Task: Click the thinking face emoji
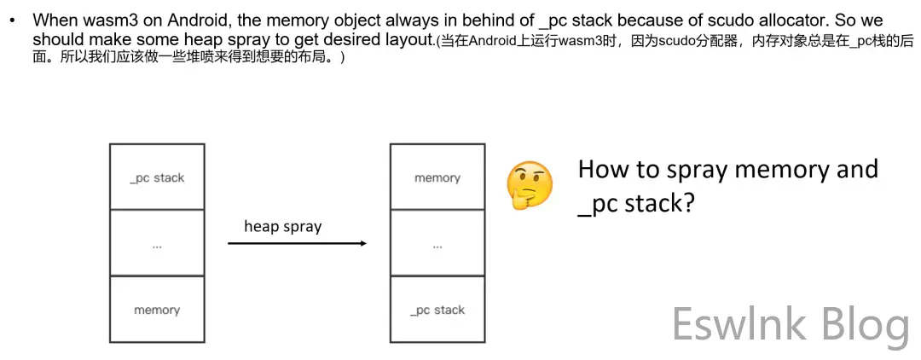pos(529,184)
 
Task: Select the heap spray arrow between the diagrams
pos(297,244)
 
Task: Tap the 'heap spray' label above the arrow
pos(282,226)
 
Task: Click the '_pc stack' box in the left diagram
pos(158,177)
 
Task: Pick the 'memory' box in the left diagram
pos(157,310)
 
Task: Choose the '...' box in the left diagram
pos(157,244)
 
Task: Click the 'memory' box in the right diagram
pos(437,177)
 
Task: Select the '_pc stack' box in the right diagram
pos(437,310)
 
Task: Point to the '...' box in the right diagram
pos(437,244)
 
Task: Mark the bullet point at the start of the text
pos(13,20)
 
